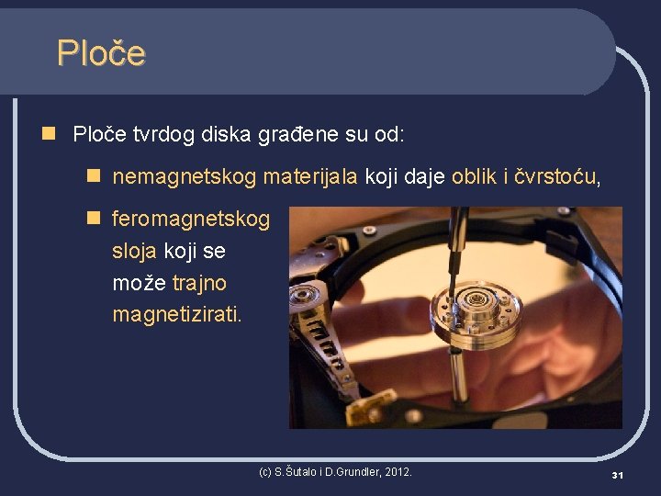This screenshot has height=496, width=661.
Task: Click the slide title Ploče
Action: tap(101, 53)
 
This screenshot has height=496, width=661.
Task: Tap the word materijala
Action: tap(298, 176)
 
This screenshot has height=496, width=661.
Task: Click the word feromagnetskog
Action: tap(191, 219)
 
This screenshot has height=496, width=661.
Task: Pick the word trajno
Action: tap(199, 283)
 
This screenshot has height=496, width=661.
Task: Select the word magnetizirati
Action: tap(177, 315)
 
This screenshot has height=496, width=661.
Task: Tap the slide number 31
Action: tap(618, 475)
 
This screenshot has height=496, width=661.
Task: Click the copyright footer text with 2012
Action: tap(336, 472)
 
